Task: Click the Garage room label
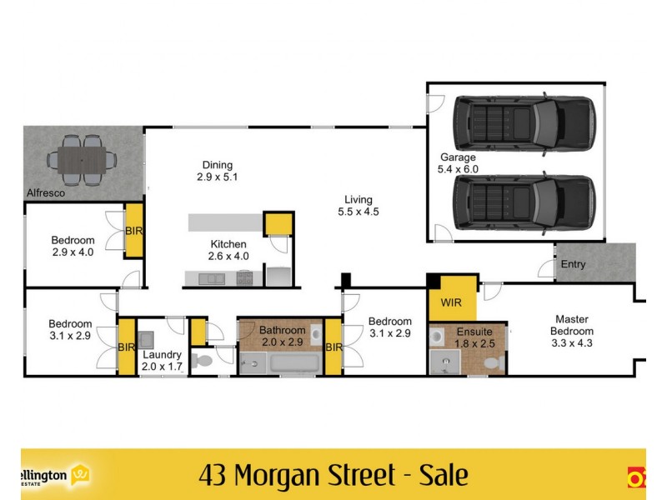458,157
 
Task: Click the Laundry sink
147,339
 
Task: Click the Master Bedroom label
572,325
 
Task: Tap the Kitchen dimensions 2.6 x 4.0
229,256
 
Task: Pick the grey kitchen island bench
225,222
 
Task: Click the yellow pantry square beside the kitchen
278,225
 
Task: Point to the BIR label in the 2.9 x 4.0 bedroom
133,231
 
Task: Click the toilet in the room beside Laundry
200,361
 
